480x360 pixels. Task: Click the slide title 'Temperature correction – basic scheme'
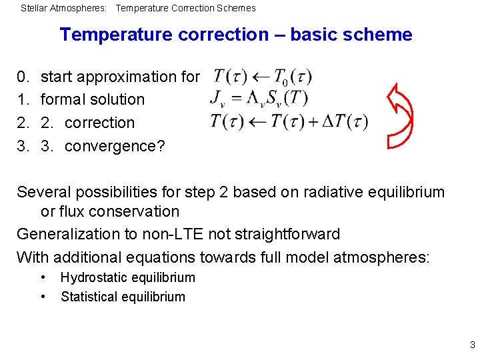[236, 35]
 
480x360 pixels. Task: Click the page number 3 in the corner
[472, 345]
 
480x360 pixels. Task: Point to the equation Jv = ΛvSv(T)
[258, 99]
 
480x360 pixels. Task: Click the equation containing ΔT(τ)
[288, 122]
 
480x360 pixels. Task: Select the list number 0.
[21, 77]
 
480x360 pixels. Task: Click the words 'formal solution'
[93, 100]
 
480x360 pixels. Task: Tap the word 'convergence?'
[115, 146]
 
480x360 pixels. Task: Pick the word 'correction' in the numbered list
[99, 123]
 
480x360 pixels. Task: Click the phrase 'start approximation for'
[120, 77]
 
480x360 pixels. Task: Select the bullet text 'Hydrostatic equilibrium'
[127, 278]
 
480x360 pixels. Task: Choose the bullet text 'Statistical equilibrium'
[123, 297]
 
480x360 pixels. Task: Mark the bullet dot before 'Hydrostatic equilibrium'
[43, 277]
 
